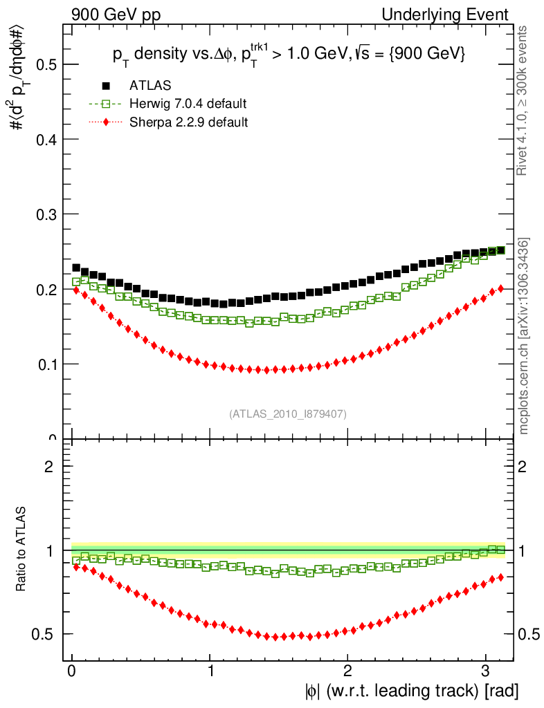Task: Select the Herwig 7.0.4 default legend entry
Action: pyautogui.click(x=188, y=104)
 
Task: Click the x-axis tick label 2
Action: pyautogui.click(x=347, y=672)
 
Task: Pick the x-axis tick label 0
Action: pyautogui.click(x=72, y=672)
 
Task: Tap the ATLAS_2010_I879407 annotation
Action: pyautogui.click(x=287, y=413)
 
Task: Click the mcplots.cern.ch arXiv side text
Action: pyautogui.click(x=525, y=336)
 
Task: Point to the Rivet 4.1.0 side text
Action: pyautogui.click(x=525, y=100)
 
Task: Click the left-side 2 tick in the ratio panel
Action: pyautogui.click(x=49, y=466)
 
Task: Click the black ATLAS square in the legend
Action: pyautogui.click(x=106, y=86)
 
